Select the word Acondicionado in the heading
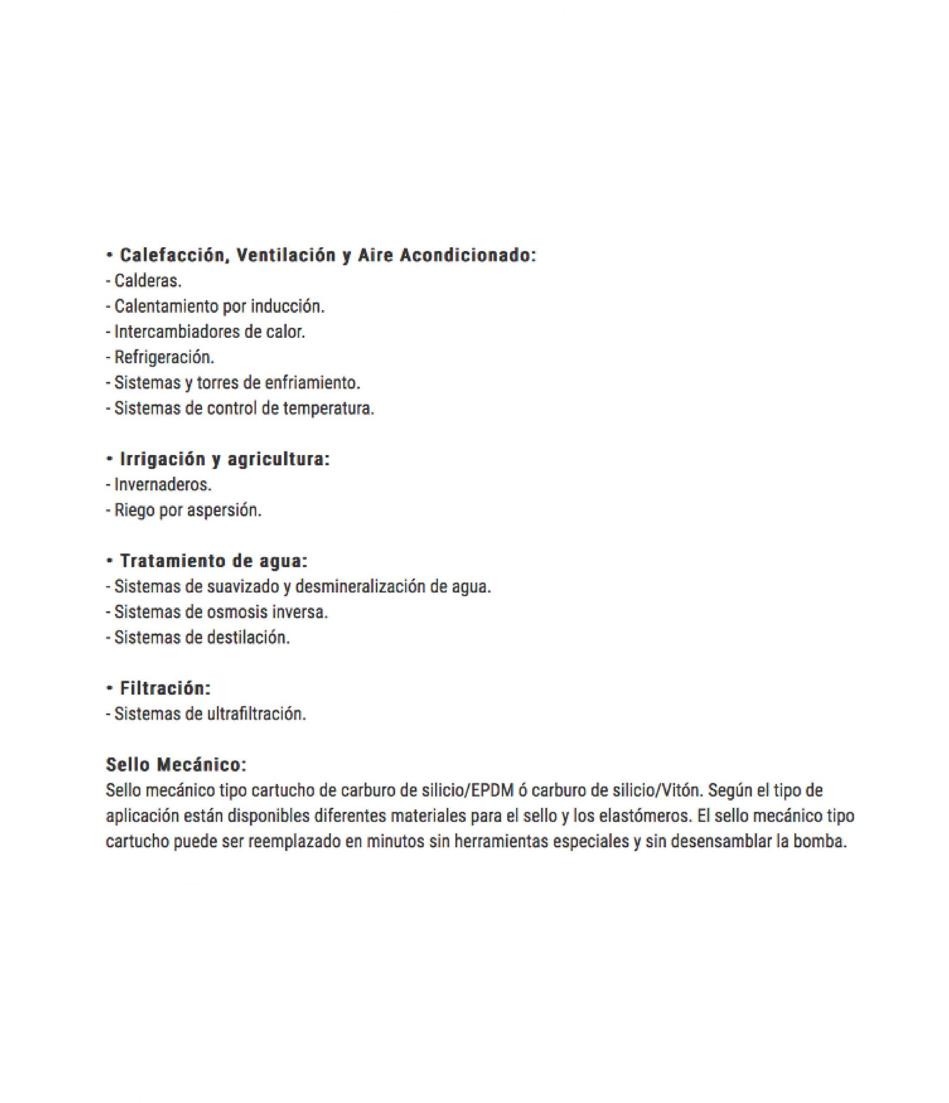click(x=468, y=255)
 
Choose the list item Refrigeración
click(x=164, y=357)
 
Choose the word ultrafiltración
click(x=256, y=714)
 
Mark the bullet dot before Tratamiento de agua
click(x=110, y=561)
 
